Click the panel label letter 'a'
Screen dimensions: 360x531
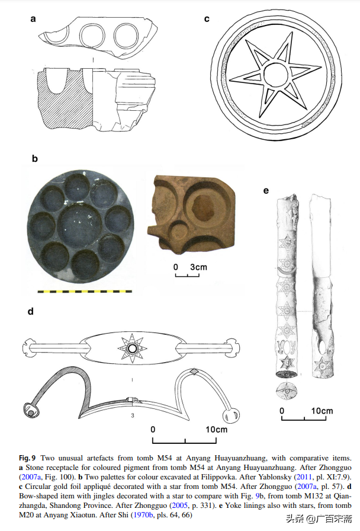point(34,18)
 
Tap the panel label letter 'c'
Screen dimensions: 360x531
point(207,18)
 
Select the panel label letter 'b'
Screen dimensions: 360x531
point(34,159)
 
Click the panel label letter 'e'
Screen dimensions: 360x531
point(266,190)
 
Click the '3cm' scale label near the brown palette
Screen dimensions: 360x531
point(198,267)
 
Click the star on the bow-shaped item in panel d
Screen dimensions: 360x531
point(130,349)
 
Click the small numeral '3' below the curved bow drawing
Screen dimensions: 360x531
point(133,416)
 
